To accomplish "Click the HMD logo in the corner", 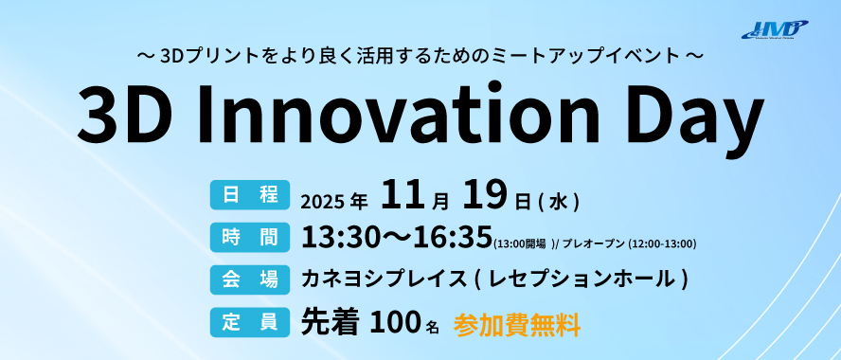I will coord(774,28).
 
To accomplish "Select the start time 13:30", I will coord(333,237).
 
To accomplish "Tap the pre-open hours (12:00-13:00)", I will coord(662,243).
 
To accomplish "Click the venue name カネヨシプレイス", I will coord(384,279).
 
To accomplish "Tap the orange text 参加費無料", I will coord(516,324).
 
